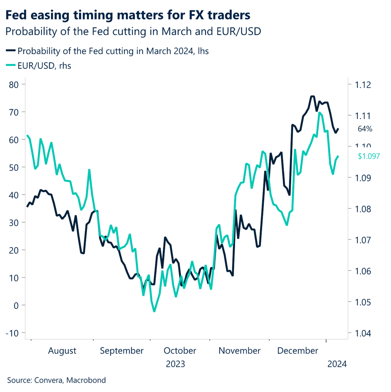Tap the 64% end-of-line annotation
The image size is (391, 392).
[365, 129]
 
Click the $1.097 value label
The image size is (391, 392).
[369, 156]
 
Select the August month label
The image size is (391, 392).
[62, 351]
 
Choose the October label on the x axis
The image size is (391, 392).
[180, 351]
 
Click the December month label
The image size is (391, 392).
[298, 351]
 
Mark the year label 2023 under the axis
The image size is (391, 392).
[175, 364]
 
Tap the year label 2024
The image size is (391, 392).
[337, 364]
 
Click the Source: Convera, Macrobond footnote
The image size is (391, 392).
[56, 380]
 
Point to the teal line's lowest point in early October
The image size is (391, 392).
[154, 311]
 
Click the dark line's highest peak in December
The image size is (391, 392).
[312, 96]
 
